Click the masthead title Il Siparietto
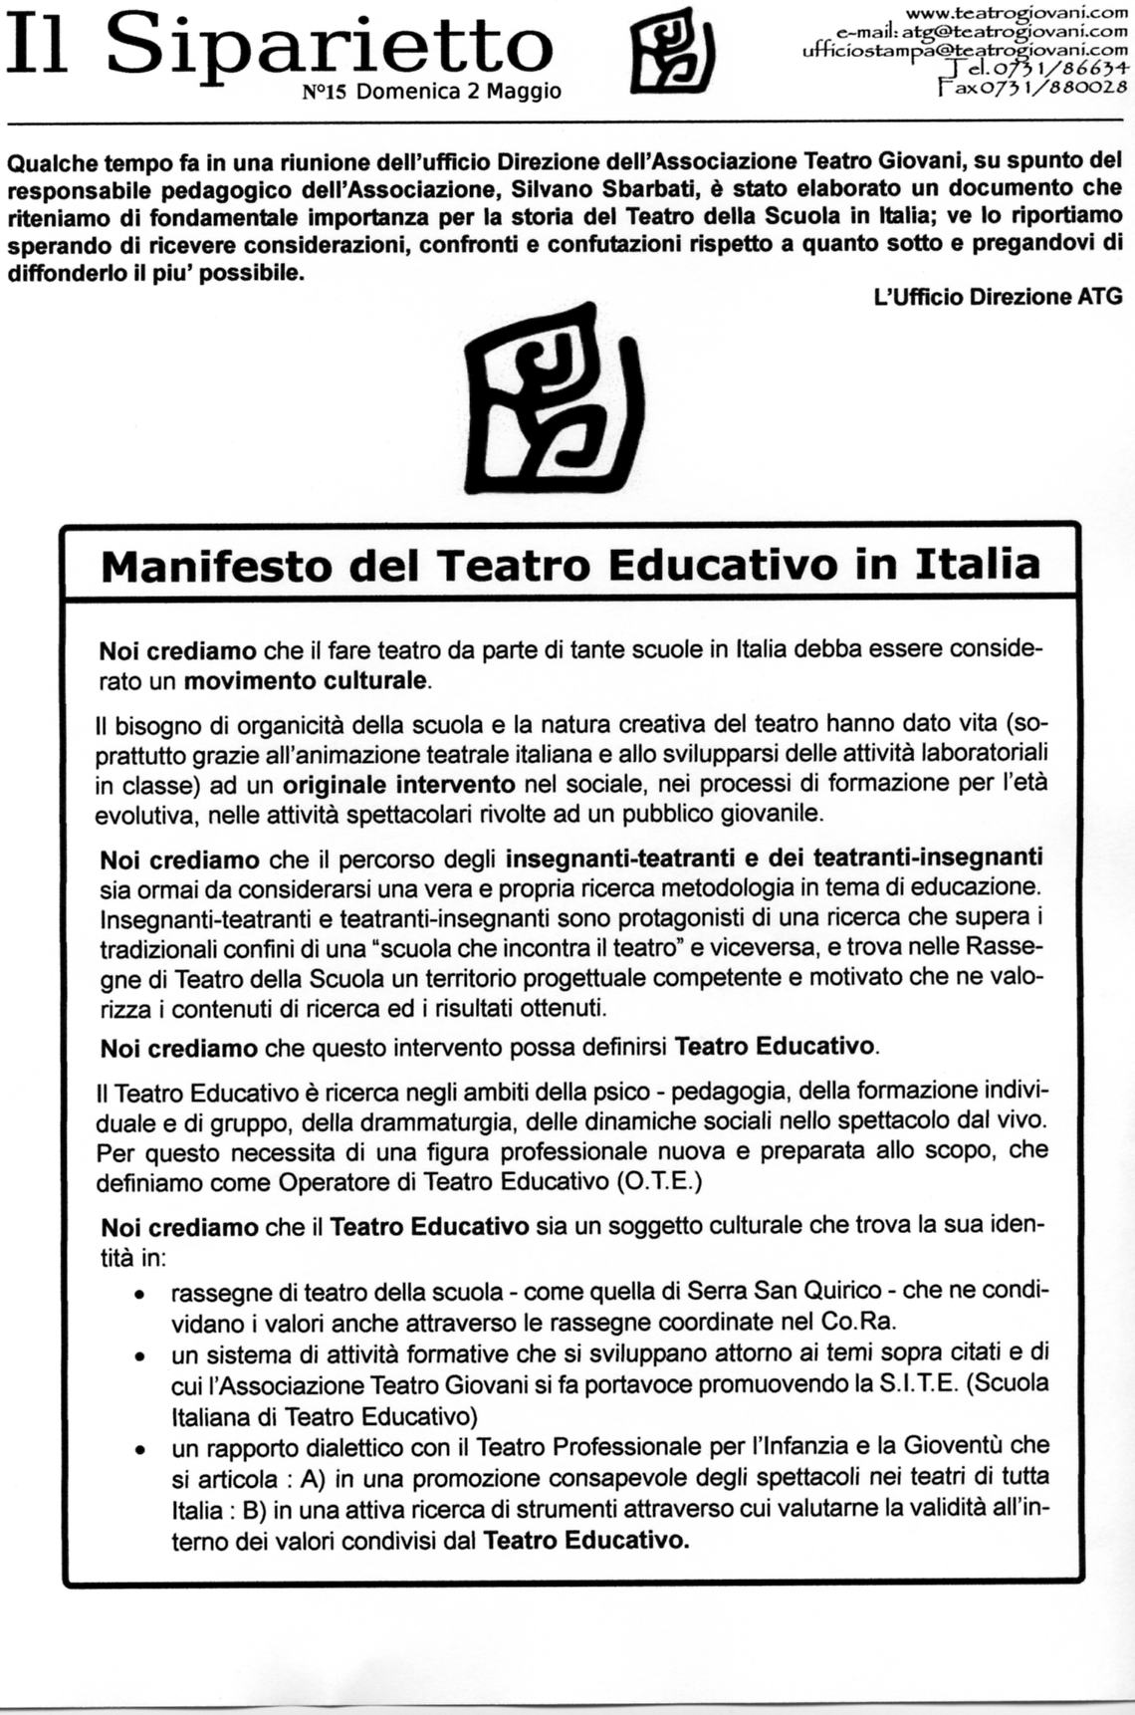click(x=279, y=48)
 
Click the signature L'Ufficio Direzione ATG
click(x=997, y=296)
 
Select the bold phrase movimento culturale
click(x=307, y=682)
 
